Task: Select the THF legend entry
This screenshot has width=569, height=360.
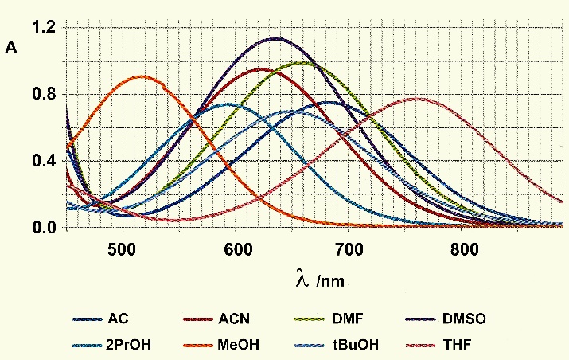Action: coord(462,344)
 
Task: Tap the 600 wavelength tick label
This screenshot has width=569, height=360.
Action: coord(236,248)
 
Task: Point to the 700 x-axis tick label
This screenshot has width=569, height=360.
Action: coord(351,248)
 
